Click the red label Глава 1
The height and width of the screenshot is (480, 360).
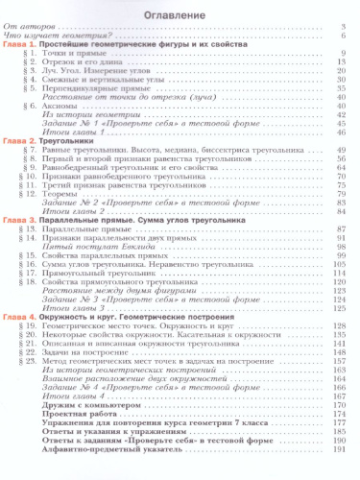coord(19,46)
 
